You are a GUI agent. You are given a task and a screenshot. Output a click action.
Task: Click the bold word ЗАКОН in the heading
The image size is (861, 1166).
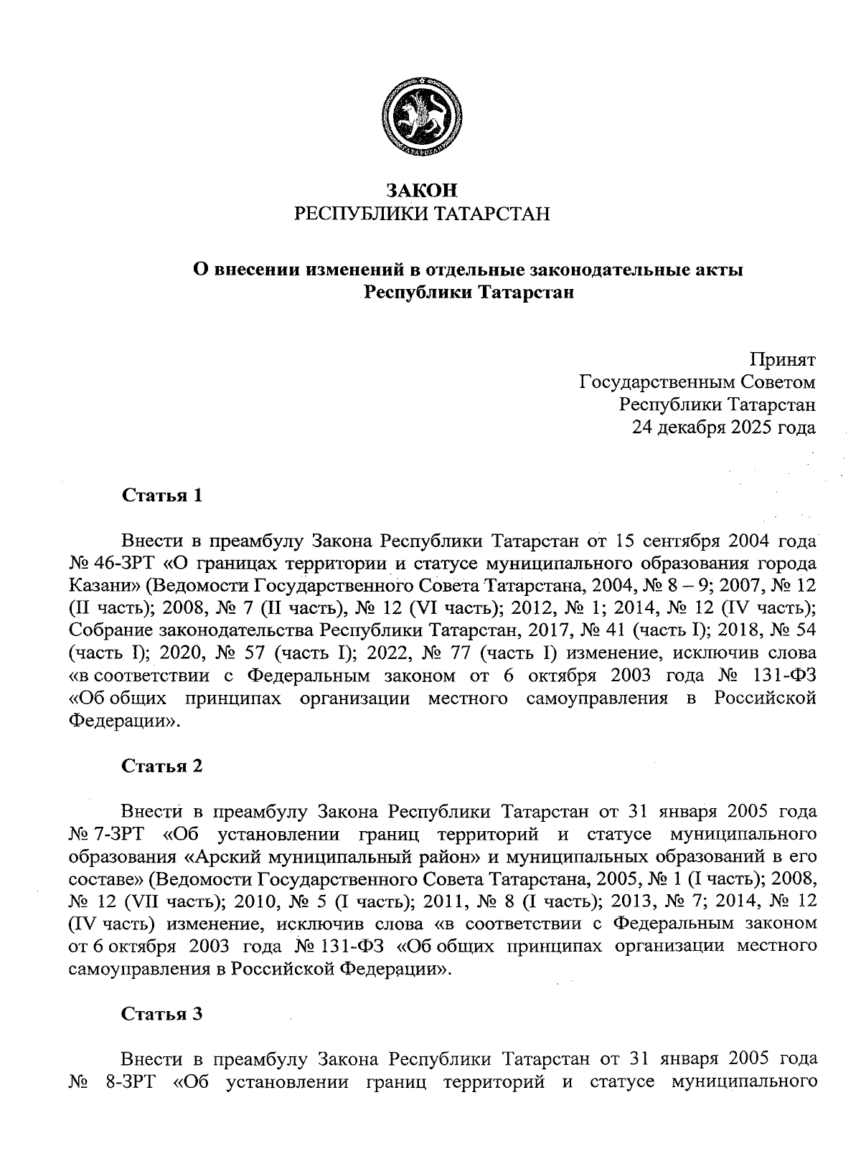click(422, 191)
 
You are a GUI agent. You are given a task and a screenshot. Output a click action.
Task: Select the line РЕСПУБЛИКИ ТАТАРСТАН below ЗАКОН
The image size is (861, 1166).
click(422, 214)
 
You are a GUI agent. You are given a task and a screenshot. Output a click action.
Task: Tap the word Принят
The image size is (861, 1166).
click(783, 359)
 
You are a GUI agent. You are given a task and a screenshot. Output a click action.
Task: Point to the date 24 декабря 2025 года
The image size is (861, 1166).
click(723, 428)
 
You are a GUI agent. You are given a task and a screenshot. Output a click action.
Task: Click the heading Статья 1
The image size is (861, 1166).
click(162, 496)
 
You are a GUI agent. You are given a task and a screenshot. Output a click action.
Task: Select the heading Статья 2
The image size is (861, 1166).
click(162, 766)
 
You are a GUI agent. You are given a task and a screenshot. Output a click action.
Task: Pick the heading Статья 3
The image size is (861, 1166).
click(162, 1014)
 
